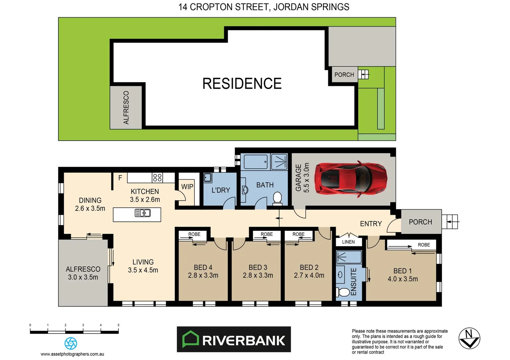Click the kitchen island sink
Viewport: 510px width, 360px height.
coord(142,213)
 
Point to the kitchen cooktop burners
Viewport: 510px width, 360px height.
coord(157,177)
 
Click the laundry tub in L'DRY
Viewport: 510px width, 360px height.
coord(207,177)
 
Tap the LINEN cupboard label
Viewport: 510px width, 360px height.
coord(348,242)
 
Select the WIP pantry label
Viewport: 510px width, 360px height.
coord(187,187)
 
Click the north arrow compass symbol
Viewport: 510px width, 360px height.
coord(469,338)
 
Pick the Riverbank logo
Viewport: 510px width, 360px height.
coord(233,340)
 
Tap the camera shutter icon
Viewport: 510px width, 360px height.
coord(71,343)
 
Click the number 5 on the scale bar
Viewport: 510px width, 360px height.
coord(118,325)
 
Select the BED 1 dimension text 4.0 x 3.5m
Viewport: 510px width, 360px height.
coord(403,279)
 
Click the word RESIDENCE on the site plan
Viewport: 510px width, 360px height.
coord(242,84)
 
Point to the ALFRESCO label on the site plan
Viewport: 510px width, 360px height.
coord(126,108)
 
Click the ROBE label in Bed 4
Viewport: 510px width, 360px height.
coord(194,234)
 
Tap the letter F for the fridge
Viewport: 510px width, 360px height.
coord(120,178)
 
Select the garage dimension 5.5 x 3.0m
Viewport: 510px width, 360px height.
coord(306,178)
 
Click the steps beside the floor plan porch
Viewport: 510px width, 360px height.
coord(450,222)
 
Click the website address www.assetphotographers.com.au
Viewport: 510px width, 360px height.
coord(72,354)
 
